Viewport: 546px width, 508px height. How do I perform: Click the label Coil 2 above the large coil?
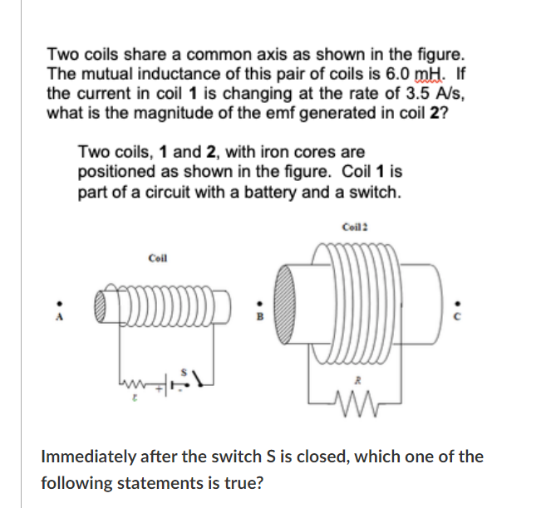coord(354,227)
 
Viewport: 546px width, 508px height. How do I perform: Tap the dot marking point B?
coord(258,304)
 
